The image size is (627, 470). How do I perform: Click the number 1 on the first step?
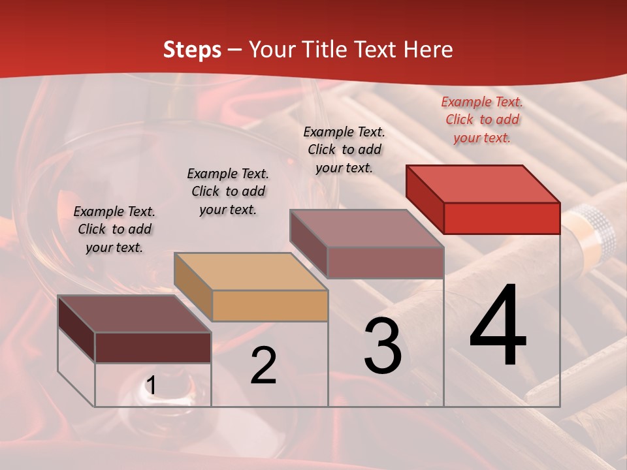point(151,386)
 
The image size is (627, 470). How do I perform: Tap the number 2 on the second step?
point(263,366)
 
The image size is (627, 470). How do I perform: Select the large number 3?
point(383,345)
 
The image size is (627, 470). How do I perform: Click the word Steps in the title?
point(192,50)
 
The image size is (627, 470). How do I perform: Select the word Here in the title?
point(428,50)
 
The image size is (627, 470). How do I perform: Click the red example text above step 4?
point(482,119)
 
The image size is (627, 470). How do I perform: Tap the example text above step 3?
point(344,149)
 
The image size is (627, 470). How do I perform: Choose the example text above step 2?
point(228,191)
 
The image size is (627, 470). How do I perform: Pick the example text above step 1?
point(114,229)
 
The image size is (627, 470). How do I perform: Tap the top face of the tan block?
point(250,271)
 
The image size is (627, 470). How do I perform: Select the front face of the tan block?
point(270,305)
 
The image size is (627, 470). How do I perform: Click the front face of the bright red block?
point(502,218)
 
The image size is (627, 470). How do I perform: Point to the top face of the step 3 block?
point(366,228)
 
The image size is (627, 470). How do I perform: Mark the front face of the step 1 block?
point(153,347)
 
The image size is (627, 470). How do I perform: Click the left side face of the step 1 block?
point(76,328)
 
